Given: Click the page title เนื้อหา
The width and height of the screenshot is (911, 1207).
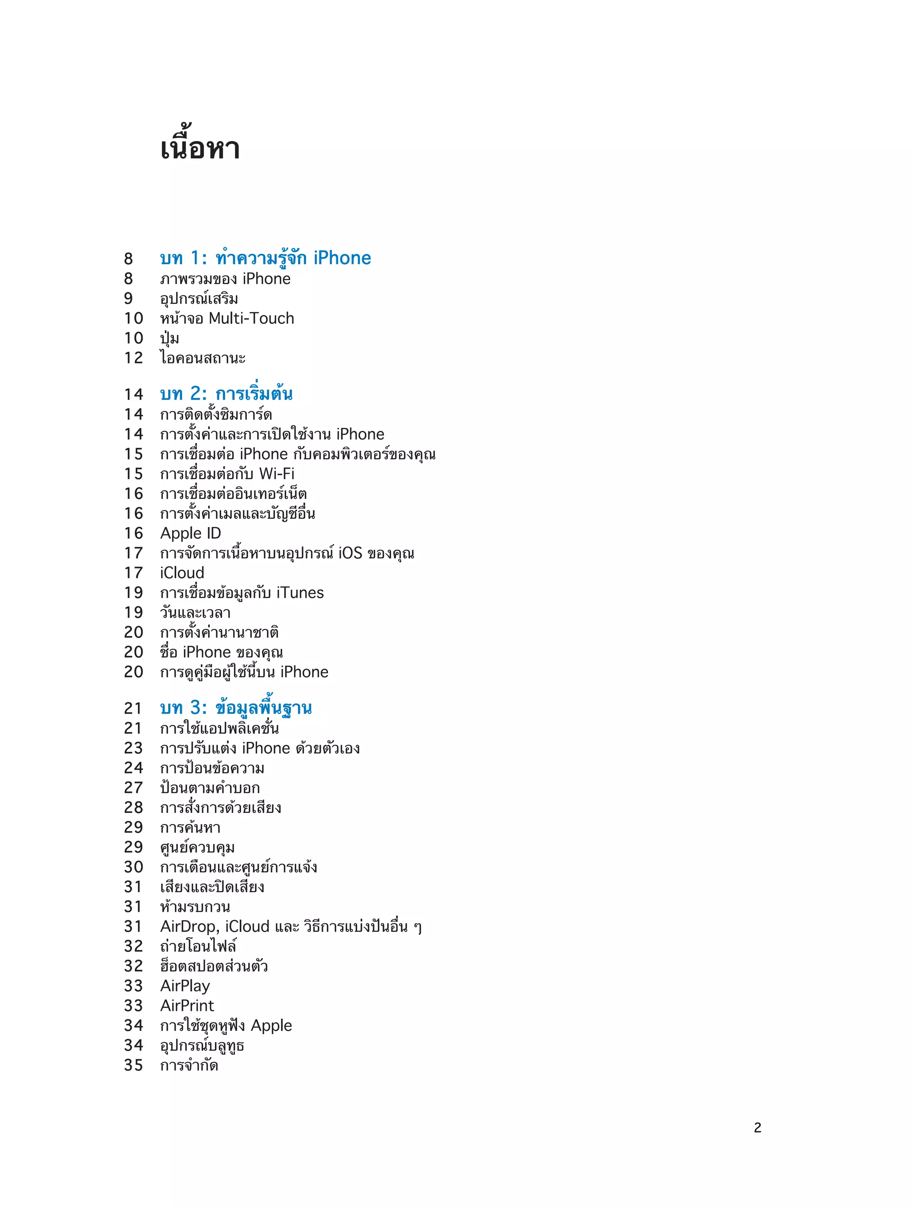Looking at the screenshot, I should click(200, 149).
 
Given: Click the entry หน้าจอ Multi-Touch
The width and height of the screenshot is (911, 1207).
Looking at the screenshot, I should click(227, 318).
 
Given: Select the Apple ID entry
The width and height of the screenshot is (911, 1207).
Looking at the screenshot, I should click(190, 533).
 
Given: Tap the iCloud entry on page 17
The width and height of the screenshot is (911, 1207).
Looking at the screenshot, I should click(182, 573).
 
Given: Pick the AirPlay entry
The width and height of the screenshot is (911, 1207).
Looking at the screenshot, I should click(185, 986).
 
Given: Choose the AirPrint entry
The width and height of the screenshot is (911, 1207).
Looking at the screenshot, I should click(187, 1006).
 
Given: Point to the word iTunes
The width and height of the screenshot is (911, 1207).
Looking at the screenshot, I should click(300, 592).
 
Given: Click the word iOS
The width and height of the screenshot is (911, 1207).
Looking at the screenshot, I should click(350, 553).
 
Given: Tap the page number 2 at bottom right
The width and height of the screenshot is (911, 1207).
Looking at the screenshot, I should click(757, 1128).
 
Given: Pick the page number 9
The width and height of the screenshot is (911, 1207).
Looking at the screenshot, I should click(128, 298).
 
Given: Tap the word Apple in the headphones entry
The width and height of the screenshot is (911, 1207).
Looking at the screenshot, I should click(271, 1026).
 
